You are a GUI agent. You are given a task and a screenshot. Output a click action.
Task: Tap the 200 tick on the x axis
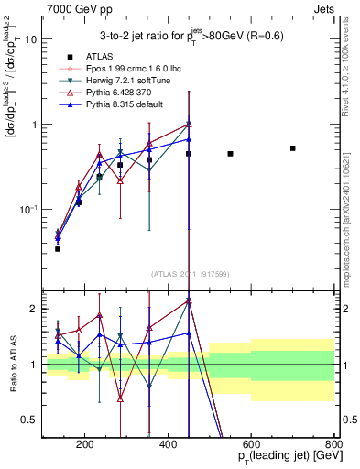pos(85,446)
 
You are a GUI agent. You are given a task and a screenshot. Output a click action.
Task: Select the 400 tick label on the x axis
pos(169,446)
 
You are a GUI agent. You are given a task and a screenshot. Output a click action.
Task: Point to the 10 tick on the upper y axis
pos(31,39)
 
